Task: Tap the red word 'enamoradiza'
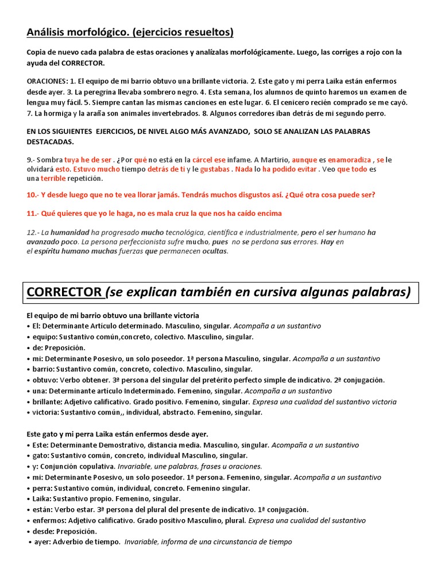pyautogui.click(x=349, y=159)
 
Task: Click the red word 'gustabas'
pyautogui.click(x=215, y=169)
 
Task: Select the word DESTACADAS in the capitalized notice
pyautogui.click(x=51, y=141)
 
